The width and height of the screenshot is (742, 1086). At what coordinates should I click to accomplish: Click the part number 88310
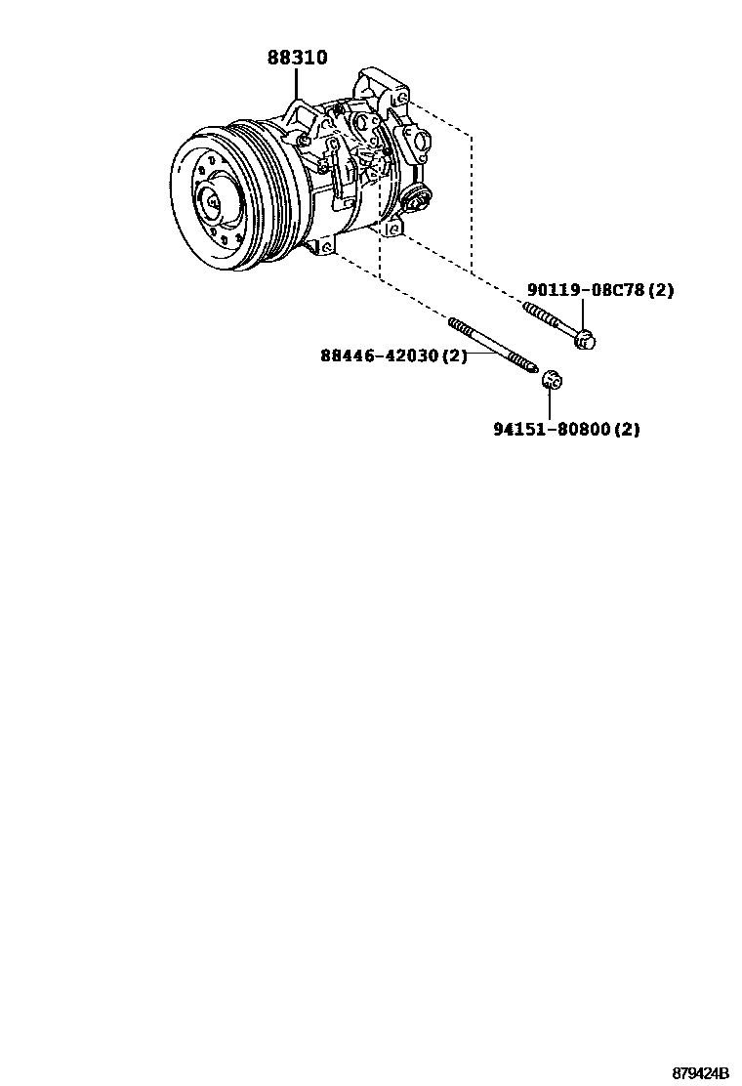(297, 59)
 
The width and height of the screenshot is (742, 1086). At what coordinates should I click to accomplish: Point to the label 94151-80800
(554, 429)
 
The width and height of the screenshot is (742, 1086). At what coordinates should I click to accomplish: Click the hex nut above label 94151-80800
(551, 379)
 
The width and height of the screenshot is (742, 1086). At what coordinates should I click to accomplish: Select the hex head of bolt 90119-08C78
(585, 340)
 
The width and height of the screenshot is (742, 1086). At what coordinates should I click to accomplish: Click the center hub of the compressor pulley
(211, 202)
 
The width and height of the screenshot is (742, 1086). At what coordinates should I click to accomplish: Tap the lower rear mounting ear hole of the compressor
(392, 230)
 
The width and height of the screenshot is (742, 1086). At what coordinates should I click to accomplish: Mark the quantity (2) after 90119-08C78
(661, 290)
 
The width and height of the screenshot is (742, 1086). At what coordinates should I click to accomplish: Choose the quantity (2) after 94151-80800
(628, 429)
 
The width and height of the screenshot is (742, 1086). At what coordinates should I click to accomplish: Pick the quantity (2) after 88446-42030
(455, 355)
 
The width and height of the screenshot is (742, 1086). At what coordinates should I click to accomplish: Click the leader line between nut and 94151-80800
(551, 402)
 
